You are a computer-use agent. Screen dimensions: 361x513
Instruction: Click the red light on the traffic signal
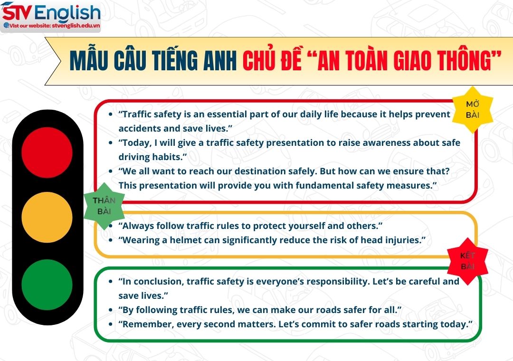click(x=47, y=152)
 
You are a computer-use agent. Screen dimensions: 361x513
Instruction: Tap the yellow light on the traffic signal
click(x=47, y=218)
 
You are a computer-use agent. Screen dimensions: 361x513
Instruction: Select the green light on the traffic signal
click(x=47, y=285)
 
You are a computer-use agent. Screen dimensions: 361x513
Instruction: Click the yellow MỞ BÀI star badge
click(x=472, y=110)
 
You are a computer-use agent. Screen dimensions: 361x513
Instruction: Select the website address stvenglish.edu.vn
click(x=76, y=26)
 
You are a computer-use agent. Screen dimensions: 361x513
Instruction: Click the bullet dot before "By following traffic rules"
click(x=111, y=310)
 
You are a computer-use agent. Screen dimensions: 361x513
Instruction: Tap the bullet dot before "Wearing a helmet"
click(x=111, y=240)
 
